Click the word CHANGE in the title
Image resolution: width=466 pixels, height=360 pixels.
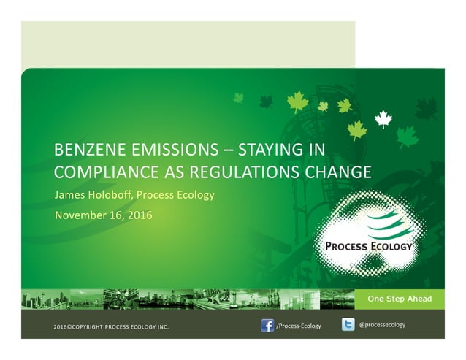pyautogui.click(x=340, y=173)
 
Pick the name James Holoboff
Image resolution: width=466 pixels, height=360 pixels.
pyautogui.click(x=95, y=195)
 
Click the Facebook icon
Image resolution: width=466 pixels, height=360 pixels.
pyautogui.click(x=267, y=325)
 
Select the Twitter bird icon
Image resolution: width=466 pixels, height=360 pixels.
pyautogui.click(x=349, y=325)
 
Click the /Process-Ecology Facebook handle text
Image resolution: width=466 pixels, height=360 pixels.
pyautogui.click(x=298, y=326)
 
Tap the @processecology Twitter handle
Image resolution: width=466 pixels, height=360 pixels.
pyautogui.click(x=383, y=324)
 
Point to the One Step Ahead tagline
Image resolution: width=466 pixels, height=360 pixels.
pyautogui.click(x=399, y=299)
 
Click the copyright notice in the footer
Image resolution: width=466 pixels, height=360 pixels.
pyautogui.click(x=111, y=326)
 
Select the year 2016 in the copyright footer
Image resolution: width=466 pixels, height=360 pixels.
pyautogui.click(x=62, y=326)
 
